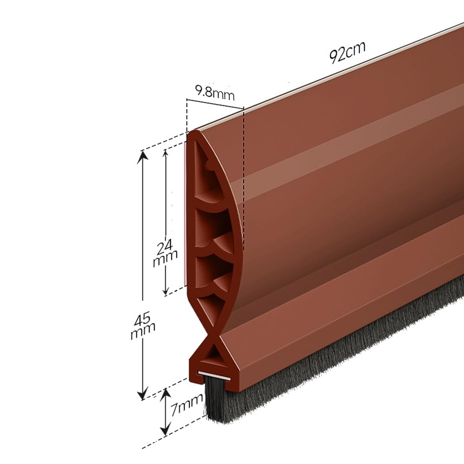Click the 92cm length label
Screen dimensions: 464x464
[x=347, y=52]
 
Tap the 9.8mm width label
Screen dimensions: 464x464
[x=214, y=93]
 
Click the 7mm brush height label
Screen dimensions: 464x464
[x=187, y=404]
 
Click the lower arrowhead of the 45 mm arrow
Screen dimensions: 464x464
[x=142, y=394]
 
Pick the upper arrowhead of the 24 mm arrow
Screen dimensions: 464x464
[x=165, y=153]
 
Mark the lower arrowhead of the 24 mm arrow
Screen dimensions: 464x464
[x=166, y=291]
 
